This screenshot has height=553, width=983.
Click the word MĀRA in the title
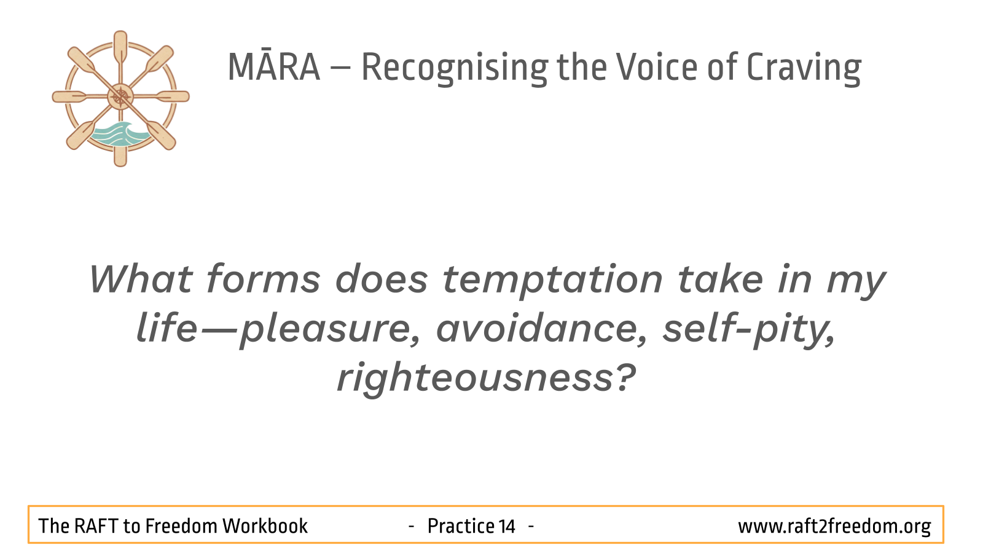click(x=274, y=67)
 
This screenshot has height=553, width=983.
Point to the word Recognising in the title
click(x=455, y=69)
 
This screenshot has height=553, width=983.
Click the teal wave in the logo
click(x=119, y=135)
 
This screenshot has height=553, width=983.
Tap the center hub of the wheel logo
click(x=120, y=96)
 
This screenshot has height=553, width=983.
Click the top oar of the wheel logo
click(x=120, y=49)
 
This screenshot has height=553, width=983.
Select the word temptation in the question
click(x=552, y=281)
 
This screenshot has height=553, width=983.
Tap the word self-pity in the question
click(x=749, y=330)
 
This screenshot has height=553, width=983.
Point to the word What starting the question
click(x=141, y=279)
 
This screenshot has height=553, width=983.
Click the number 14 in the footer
click(x=506, y=526)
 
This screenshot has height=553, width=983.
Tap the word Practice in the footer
click(x=460, y=526)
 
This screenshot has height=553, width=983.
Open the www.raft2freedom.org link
click(x=834, y=527)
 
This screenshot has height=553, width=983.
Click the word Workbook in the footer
click(x=265, y=526)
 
